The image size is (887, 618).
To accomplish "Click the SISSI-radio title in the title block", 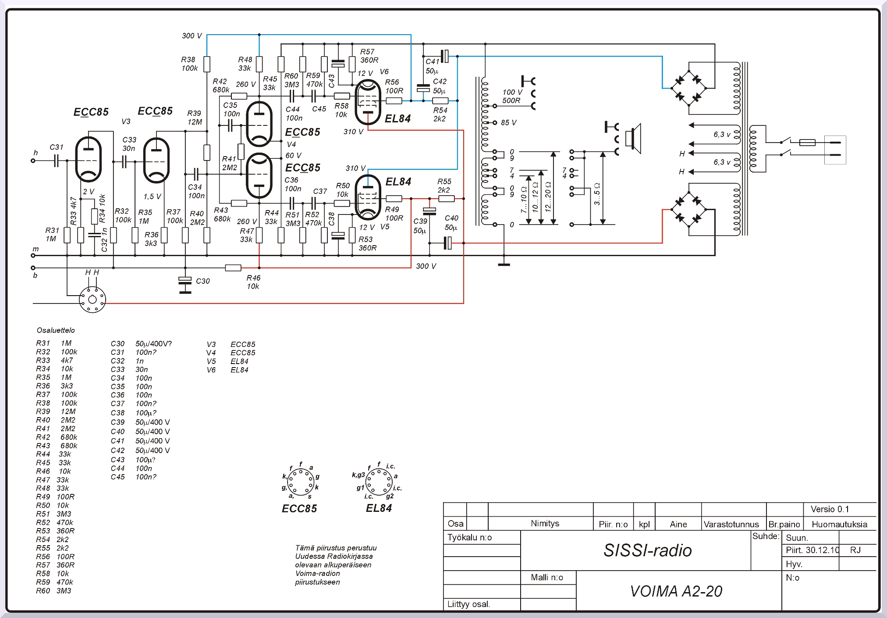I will (647, 550).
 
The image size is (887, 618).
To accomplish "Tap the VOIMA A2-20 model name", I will (676, 591).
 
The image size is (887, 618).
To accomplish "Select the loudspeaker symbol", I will (634, 139).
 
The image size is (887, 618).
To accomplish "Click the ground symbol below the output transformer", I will (504, 264).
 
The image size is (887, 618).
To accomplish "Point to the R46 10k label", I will (253, 282).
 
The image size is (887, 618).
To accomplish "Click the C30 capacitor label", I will (202, 281).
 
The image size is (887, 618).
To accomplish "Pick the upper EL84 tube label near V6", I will (397, 118).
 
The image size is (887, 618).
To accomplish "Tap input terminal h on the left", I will (33, 161).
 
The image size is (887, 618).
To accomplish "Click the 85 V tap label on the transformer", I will (508, 123).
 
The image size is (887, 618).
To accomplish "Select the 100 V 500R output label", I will (512, 96).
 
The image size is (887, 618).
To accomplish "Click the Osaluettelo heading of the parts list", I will (56, 330).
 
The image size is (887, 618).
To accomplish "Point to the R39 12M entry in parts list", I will (56, 411).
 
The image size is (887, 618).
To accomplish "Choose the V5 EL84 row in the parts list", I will (227, 361).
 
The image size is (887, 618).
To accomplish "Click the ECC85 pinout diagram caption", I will (299, 508).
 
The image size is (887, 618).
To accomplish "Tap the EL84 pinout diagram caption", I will (379, 508).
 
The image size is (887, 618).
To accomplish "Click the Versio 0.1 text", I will (830, 509).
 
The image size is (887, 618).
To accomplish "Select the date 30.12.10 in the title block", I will (812, 550).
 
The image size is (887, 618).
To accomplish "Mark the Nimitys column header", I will (545, 523).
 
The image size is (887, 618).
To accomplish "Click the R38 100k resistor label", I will (189, 64).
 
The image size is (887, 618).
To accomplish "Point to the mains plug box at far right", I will (835, 150).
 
